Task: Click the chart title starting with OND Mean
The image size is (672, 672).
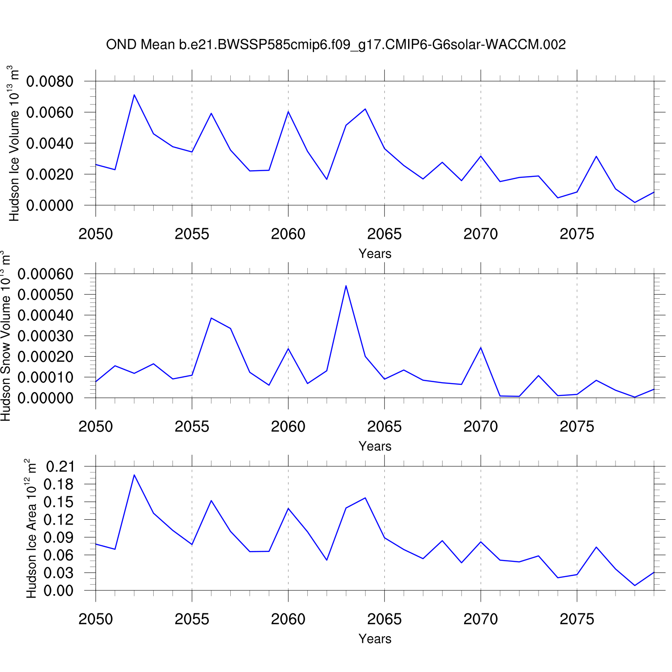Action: (x=336, y=44)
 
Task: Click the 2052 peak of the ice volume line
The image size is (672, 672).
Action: (x=134, y=95)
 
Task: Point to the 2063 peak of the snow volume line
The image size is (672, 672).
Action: (x=346, y=286)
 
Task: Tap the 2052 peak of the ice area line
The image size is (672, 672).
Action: (x=134, y=475)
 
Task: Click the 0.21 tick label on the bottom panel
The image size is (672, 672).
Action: (x=60, y=467)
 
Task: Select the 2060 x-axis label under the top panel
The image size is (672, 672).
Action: (x=288, y=234)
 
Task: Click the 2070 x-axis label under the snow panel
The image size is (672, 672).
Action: (x=481, y=426)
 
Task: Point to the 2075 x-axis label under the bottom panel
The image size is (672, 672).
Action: (x=577, y=619)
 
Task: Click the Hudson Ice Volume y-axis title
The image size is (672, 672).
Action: (x=14, y=143)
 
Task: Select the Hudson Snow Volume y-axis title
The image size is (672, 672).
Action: (x=6, y=336)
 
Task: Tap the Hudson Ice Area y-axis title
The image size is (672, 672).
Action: (x=31, y=529)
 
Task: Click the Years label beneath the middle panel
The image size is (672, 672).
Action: (x=375, y=446)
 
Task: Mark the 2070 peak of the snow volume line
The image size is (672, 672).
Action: (x=481, y=348)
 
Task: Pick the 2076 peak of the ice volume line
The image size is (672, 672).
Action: (x=596, y=156)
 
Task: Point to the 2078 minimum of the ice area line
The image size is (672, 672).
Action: (x=635, y=585)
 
